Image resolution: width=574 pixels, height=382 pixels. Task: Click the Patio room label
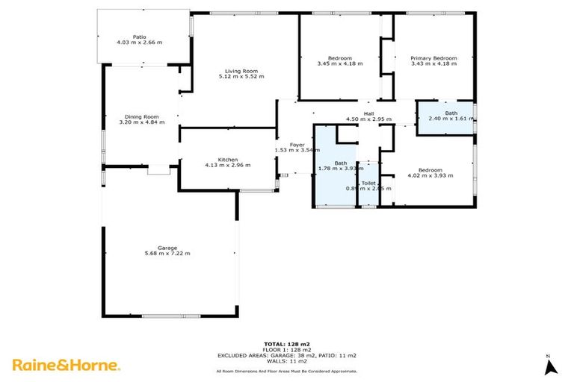tap(139, 36)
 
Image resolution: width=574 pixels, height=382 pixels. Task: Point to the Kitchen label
tap(227, 159)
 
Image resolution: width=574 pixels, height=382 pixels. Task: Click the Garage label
tap(167, 248)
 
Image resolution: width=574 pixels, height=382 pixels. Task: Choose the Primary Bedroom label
tap(433, 57)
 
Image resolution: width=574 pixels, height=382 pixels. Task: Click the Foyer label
tap(297, 144)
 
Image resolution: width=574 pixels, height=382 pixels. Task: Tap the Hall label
tap(368, 113)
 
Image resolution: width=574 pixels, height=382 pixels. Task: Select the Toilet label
tap(368, 183)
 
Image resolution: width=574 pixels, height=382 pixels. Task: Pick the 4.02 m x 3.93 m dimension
tap(430, 175)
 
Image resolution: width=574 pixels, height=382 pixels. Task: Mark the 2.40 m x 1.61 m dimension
tap(451, 119)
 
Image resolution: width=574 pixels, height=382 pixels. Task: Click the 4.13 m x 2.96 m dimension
tap(227, 165)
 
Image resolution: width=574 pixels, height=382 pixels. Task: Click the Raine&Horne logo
tap(66, 365)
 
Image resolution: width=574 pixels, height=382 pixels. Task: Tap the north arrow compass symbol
tap(551, 366)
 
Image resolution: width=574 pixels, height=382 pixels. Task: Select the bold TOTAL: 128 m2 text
tap(287, 344)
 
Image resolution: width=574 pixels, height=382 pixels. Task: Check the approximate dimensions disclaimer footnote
tap(287, 370)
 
